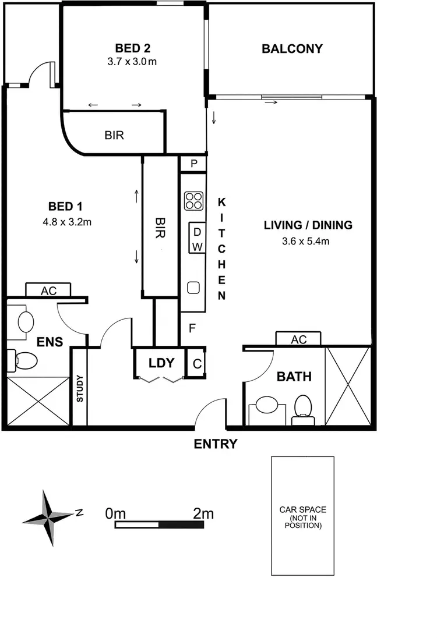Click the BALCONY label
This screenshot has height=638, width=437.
click(292, 49)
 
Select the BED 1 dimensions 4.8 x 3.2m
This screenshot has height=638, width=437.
click(69, 221)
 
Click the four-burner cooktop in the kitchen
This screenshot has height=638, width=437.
click(194, 201)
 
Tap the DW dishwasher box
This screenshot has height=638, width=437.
click(198, 239)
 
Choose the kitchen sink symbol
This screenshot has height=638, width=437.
click(193, 287)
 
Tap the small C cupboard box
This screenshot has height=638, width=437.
click(197, 363)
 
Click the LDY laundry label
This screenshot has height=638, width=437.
click(161, 363)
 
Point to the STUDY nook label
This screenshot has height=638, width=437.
click(79, 389)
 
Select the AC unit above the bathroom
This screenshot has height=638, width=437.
click(299, 339)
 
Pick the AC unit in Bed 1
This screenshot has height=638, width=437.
click(48, 290)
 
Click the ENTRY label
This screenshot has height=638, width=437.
click(216, 445)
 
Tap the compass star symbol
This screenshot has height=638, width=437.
click(47, 517)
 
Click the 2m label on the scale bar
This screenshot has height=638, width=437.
click(203, 513)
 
